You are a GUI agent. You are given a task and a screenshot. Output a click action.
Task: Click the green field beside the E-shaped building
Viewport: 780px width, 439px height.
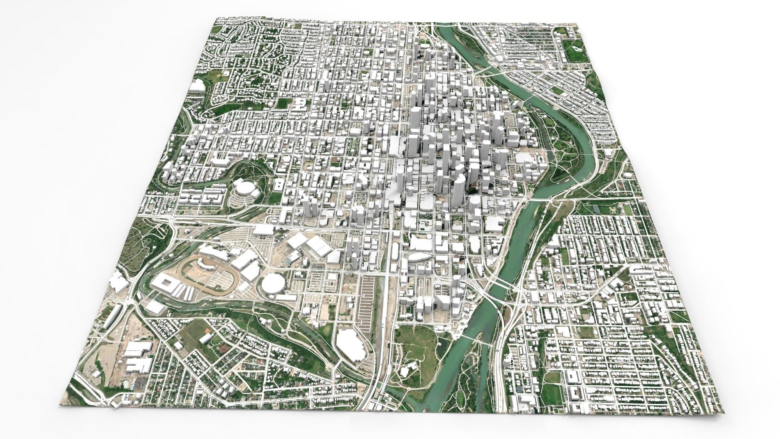point(285,103)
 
